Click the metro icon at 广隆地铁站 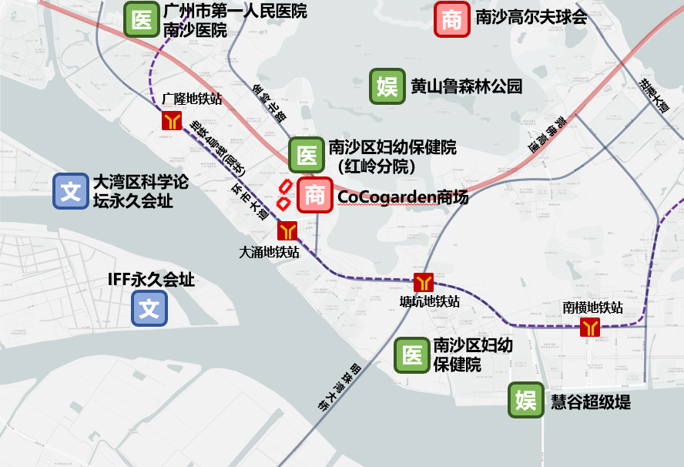click(x=171, y=120)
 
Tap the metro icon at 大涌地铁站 click(x=287, y=230)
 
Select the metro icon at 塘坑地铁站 click(x=424, y=282)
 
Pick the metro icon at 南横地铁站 click(x=591, y=327)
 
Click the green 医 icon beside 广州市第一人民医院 click(x=142, y=20)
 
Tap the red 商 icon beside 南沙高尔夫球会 click(x=452, y=20)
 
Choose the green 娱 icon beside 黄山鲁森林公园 click(x=387, y=87)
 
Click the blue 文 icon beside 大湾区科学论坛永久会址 click(x=71, y=191)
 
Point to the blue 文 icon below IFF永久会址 click(x=149, y=308)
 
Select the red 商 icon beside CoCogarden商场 click(x=315, y=195)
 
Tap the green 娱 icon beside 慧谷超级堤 click(x=526, y=401)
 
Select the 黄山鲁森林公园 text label click(x=467, y=86)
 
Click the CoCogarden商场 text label click(x=403, y=197)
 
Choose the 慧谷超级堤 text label click(x=591, y=401)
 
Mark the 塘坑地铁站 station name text click(x=430, y=301)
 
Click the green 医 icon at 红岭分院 click(x=307, y=155)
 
